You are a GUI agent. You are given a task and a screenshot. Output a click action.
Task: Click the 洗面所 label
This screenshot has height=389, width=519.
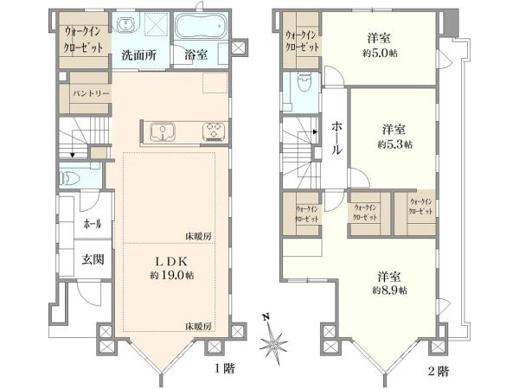pos(138,54)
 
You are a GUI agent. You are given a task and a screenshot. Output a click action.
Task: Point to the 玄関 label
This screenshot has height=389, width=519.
pos(93,258)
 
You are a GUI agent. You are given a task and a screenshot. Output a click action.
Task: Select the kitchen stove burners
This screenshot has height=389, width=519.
pos(213,131)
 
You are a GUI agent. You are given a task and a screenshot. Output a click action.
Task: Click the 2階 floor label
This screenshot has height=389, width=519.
pos(437,372)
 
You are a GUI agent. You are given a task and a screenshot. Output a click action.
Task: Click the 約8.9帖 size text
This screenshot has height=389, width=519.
pos(389,290)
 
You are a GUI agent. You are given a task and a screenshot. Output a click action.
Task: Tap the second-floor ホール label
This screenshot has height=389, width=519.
pos(336,137)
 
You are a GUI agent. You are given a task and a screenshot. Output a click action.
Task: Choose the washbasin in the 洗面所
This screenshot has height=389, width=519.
pos(125,23)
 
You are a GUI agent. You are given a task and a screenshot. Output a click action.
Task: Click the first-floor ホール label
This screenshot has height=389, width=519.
pos(91,224)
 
